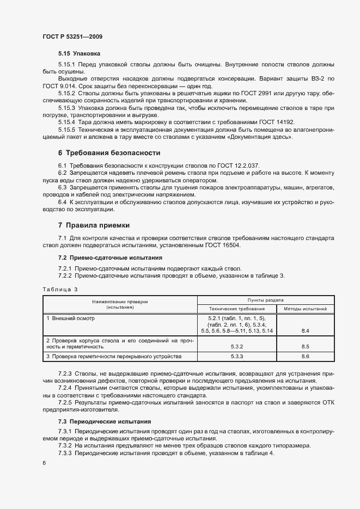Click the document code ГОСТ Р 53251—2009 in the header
(x=72, y=36)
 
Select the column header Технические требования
(x=237, y=308)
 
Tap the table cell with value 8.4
(x=305, y=330)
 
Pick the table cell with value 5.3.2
(x=237, y=346)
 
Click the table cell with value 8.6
(x=305, y=356)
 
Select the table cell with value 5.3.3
(x=237, y=356)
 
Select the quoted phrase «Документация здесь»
(x=261, y=137)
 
